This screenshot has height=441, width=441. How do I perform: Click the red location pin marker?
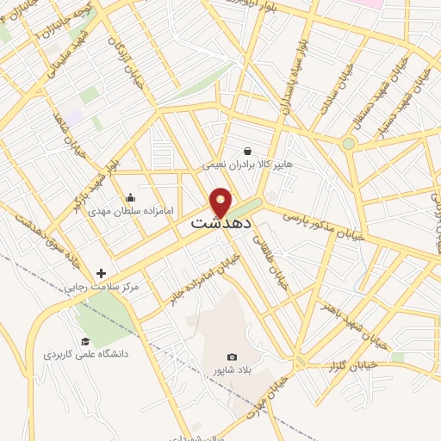pyautogui.click(x=220, y=202)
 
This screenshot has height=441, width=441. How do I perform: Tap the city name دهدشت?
pyautogui.click(x=220, y=221)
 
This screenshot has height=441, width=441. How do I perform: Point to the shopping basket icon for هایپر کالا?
pyautogui.click(x=247, y=152)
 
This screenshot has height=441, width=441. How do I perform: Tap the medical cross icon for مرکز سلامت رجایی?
pyautogui.click(x=102, y=273)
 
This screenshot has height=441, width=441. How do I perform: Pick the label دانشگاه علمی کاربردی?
pyautogui.click(x=86, y=354)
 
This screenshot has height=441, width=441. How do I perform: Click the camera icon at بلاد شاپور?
pyautogui.click(x=231, y=357)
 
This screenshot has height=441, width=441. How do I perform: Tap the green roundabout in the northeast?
pyautogui.click(x=348, y=144)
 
